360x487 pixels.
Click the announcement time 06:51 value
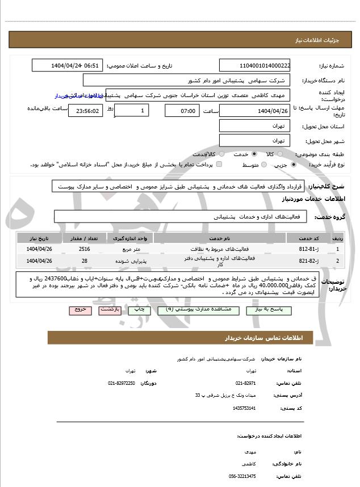point(91,65)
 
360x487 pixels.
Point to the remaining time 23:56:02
point(85,111)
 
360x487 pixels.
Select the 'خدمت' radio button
point(254,154)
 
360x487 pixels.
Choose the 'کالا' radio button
point(287,154)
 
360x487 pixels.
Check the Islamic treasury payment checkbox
point(219,165)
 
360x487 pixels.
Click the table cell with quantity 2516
point(84,249)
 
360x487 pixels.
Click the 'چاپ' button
point(137,310)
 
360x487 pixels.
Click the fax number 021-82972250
point(121,383)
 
